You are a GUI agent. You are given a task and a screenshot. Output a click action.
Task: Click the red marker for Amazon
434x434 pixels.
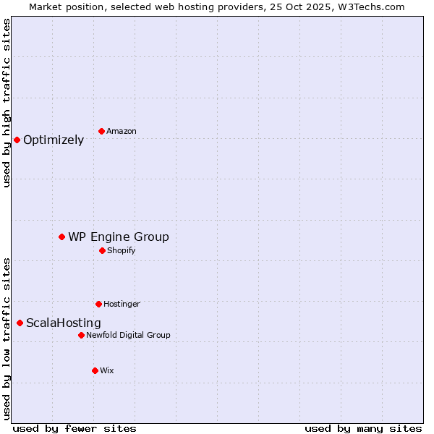pos(101,131)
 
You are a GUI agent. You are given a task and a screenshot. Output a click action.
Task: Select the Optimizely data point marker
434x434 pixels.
pos(17,140)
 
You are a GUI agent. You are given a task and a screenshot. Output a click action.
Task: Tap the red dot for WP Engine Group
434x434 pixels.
pos(62,237)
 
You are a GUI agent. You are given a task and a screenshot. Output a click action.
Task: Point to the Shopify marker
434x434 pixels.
pos(102,250)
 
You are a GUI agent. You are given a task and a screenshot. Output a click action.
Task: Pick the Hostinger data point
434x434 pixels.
pos(98,304)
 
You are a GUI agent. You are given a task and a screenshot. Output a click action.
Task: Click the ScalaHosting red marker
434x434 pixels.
pos(20,323)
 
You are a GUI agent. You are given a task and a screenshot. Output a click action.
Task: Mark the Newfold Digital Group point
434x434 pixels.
pos(81,335)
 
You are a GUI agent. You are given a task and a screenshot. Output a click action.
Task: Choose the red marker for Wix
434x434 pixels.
pos(95,370)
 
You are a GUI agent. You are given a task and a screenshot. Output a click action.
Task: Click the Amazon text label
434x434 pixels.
pos(122,131)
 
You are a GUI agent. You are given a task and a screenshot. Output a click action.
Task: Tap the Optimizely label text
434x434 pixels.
pos(54,140)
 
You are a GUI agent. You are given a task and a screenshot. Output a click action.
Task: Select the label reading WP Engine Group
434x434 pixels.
pos(119,237)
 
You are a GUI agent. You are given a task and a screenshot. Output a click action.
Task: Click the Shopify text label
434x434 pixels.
pos(122,250)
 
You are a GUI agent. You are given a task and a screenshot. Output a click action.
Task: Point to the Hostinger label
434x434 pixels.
pos(122,304)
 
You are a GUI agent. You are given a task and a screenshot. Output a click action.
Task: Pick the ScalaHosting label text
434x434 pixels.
pos(64,323)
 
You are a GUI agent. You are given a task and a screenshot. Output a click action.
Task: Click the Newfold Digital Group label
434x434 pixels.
pos(128,335)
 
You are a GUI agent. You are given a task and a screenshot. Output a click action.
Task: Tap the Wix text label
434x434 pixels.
pos(107,370)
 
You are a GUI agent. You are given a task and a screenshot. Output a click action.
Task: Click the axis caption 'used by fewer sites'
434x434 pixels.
pos(75,428)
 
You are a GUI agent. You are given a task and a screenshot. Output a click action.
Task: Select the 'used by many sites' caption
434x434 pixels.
pos(363,428)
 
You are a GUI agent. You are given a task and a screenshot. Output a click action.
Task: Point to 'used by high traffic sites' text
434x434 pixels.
pos(7,103)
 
